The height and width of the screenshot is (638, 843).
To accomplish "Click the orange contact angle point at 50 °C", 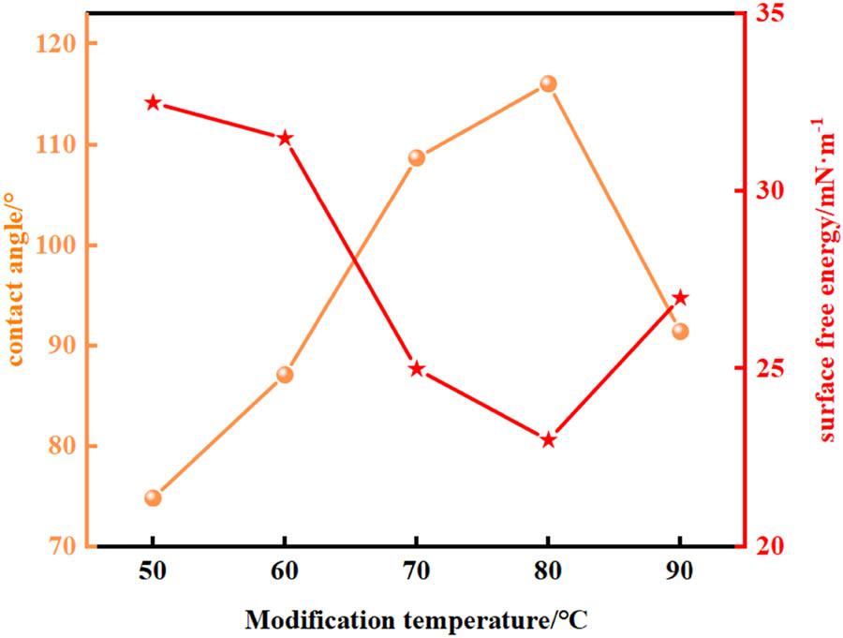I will click(x=154, y=497).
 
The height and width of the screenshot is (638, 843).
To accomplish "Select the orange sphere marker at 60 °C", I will click(x=285, y=375).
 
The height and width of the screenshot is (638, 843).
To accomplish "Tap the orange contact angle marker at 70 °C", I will click(x=417, y=157).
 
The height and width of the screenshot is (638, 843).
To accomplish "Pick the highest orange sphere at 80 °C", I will click(x=548, y=84).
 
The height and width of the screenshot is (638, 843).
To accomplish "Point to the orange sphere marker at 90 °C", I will click(x=680, y=331).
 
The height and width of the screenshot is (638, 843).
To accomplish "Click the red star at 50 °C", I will click(x=154, y=103).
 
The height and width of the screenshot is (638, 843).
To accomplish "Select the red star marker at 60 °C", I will click(x=285, y=139).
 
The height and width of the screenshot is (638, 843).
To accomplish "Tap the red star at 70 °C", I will click(x=417, y=369).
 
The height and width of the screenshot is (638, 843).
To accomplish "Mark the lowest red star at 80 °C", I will click(x=548, y=440).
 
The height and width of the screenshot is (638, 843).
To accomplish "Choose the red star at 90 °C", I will click(x=680, y=298).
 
